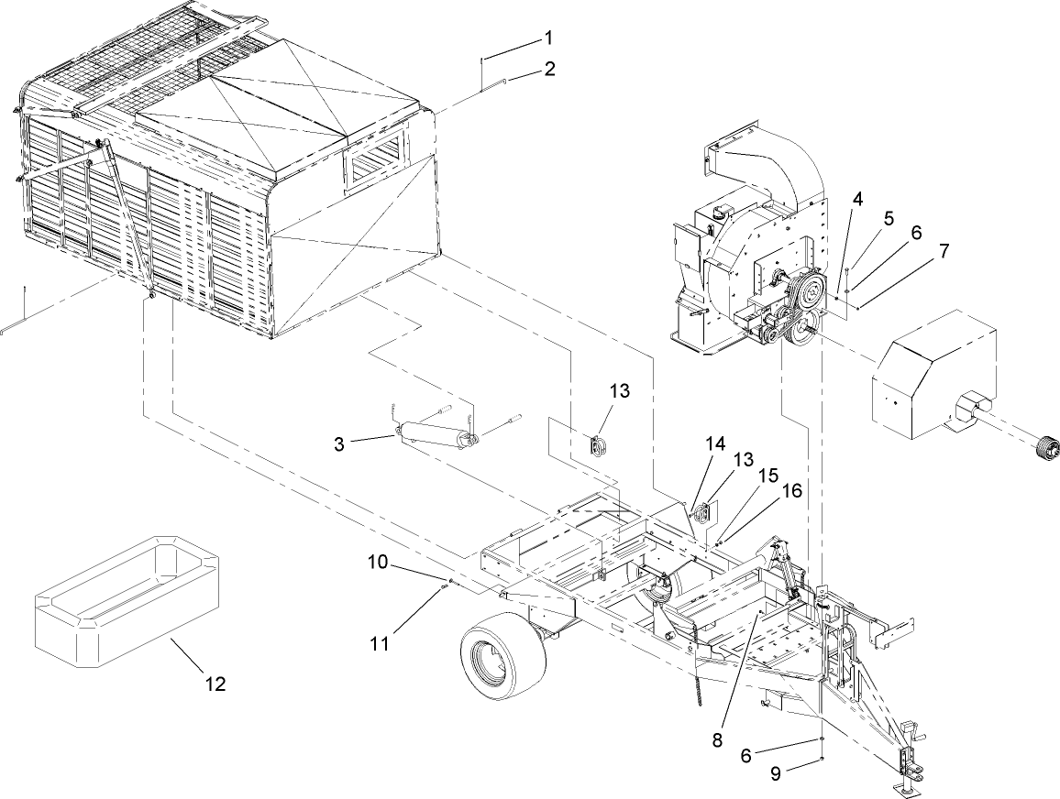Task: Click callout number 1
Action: click(x=548, y=38)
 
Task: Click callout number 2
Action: click(x=548, y=69)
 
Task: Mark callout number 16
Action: click(x=792, y=490)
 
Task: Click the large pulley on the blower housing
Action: click(x=810, y=295)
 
